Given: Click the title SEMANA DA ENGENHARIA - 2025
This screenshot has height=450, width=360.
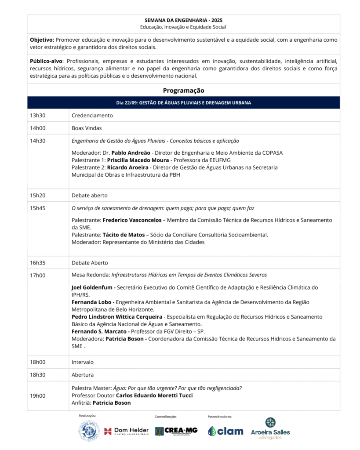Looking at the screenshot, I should [183, 20].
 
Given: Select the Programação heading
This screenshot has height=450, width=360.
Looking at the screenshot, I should [183, 90].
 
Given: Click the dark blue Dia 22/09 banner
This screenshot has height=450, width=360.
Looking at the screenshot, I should [183, 103].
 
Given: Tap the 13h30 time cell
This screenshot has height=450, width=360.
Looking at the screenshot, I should [38, 116].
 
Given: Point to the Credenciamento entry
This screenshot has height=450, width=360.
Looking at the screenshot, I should [92, 116].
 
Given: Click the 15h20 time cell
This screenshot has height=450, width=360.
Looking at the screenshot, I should [38, 195].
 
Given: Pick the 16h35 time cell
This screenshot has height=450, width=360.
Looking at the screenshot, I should [38, 263].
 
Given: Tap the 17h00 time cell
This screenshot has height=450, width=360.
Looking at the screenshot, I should [38, 275].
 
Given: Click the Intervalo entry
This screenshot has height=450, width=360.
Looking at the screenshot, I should [83, 362].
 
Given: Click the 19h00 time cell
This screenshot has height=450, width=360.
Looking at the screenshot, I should [38, 396].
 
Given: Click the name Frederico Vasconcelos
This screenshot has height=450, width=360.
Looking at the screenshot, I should [132, 220].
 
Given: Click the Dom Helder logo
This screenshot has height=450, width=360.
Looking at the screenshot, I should [126, 431].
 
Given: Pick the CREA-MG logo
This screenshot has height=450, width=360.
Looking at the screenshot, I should [176, 431].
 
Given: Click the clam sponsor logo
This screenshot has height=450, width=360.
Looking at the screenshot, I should [225, 431].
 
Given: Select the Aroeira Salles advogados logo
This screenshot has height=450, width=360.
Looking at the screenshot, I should [270, 429].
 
